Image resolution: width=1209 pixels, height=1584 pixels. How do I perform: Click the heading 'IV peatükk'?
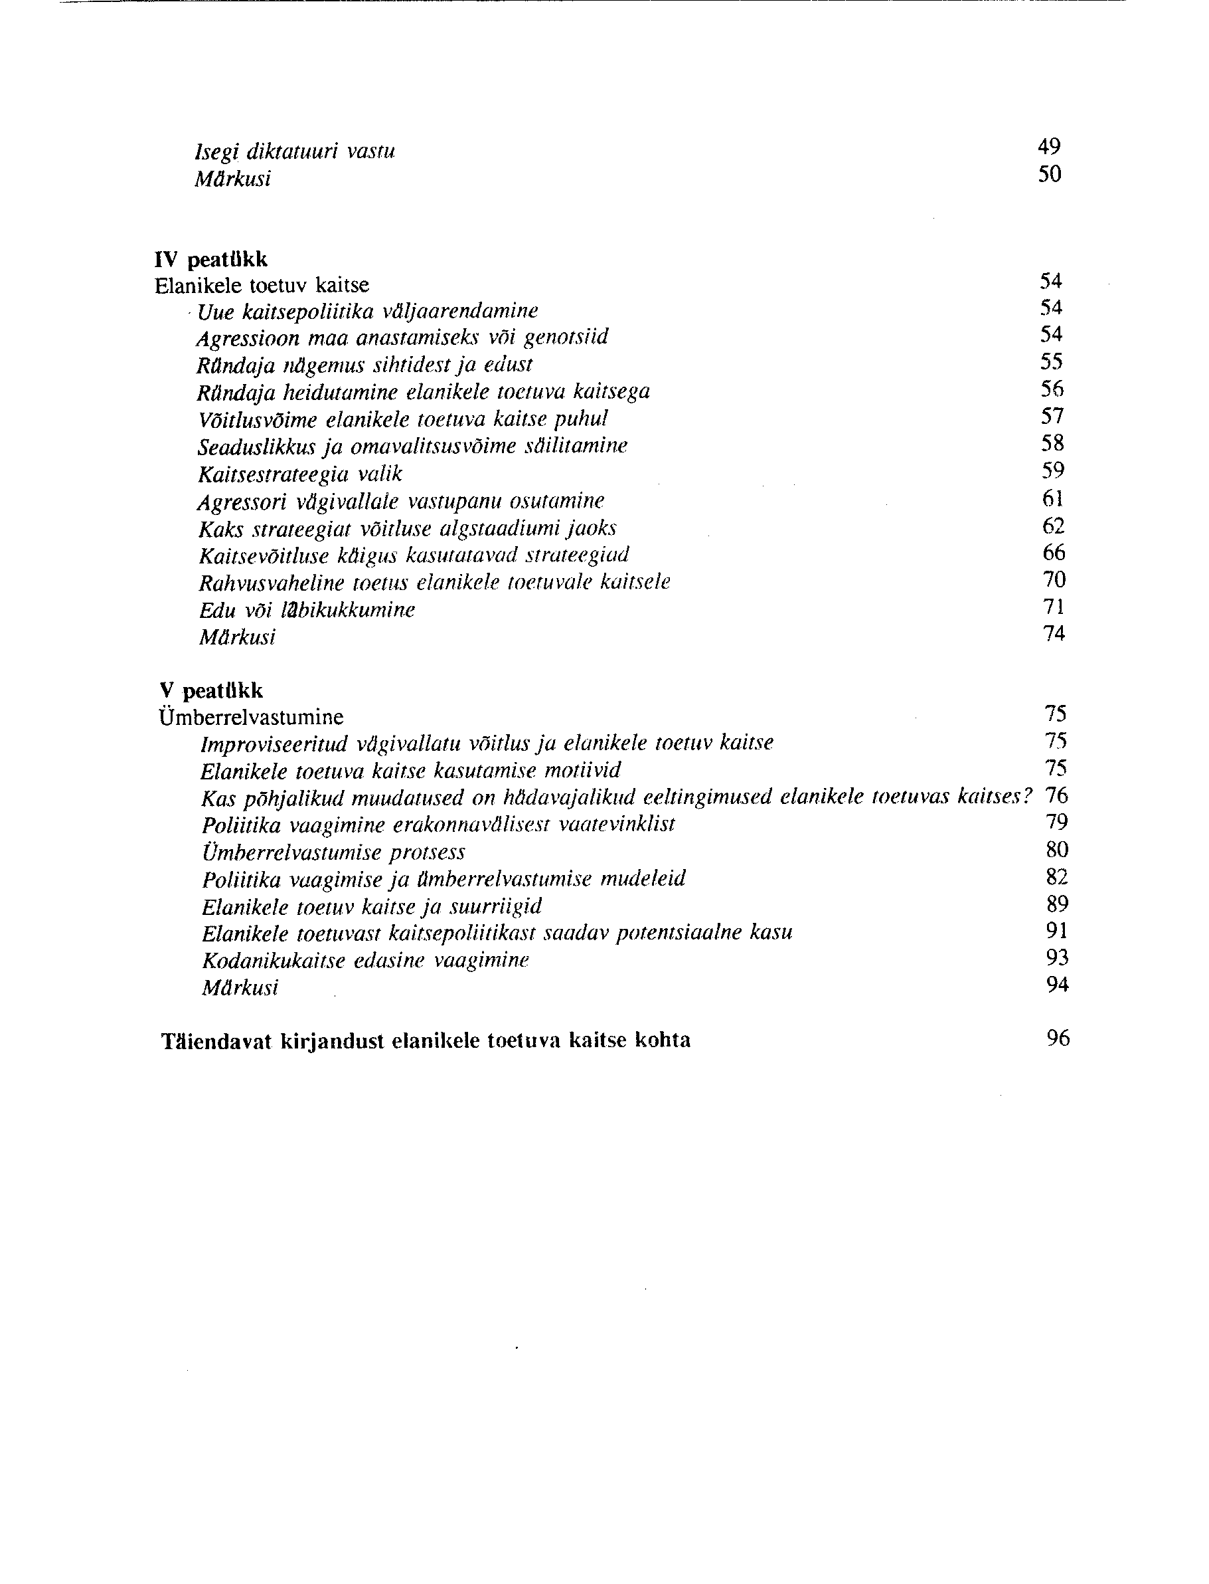211,259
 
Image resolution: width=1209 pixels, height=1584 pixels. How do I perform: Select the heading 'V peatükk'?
211,691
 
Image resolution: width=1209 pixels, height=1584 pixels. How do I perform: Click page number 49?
1049,147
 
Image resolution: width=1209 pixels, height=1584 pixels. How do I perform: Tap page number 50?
1049,174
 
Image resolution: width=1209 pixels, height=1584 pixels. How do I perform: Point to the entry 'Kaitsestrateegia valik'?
299,474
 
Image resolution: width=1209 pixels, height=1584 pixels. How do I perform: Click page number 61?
1053,498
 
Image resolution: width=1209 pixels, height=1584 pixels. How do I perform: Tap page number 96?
1058,1039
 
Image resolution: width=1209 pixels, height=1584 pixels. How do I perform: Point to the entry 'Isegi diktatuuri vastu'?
295,152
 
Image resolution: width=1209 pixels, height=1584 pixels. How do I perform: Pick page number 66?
1054,553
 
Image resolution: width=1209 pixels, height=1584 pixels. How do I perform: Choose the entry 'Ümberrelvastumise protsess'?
333,852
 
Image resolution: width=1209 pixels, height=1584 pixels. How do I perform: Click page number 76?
1056,795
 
